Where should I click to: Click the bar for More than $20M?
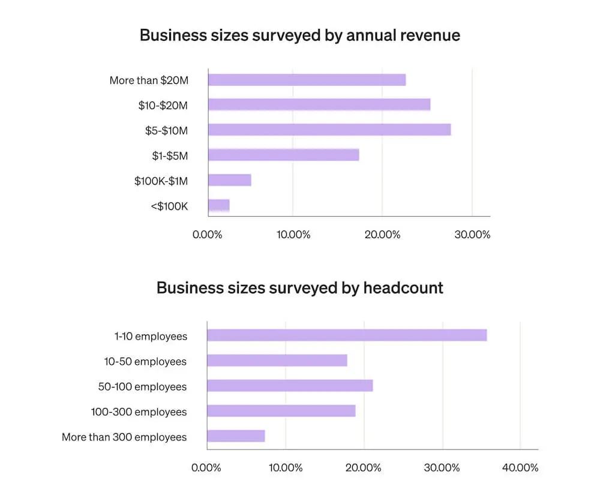tap(307, 80)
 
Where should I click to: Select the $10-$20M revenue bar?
tap(319, 105)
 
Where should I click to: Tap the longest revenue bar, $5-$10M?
tap(329, 130)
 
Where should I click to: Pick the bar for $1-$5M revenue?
tap(283, 155)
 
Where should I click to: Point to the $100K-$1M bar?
tap(230, 180)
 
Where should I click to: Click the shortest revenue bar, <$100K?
tap(219, 206)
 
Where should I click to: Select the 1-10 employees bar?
tap(347, 335)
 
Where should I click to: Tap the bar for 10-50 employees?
tap(277, 361)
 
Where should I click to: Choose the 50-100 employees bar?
tap(290, 386)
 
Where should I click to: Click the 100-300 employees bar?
tap(281, 411)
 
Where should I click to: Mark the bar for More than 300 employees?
tap(236, 436)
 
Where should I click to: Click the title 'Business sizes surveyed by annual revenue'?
tap(299, 35)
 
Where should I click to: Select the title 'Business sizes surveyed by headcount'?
tap(299, 288)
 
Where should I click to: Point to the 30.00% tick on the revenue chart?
tap(472, 235)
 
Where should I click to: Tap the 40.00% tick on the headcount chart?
tap(520, 467)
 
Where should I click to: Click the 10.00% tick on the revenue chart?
tap(293, 235)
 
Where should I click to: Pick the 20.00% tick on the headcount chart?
tap(364, 467)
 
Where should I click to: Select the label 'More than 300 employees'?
tap(124, 437)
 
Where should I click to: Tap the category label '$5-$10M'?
tap(166, 130)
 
